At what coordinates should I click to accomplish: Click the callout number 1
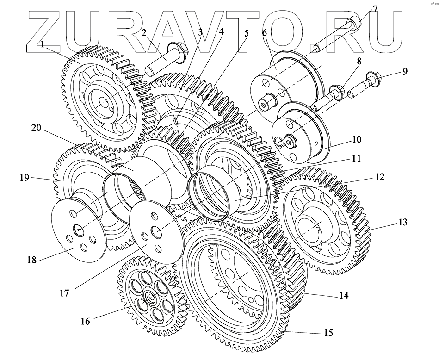point(43,44)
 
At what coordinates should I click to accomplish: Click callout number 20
point(36,128)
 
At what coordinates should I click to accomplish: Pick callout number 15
point(328,333)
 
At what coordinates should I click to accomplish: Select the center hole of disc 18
point(78,230)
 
